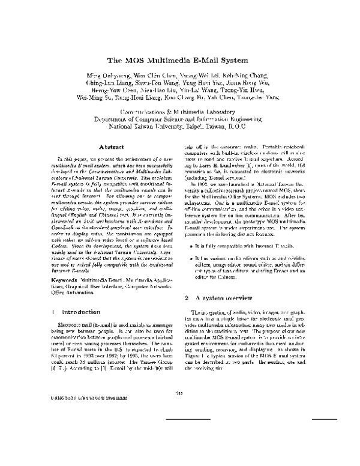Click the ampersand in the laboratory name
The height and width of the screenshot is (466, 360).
tap(186, 113)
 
